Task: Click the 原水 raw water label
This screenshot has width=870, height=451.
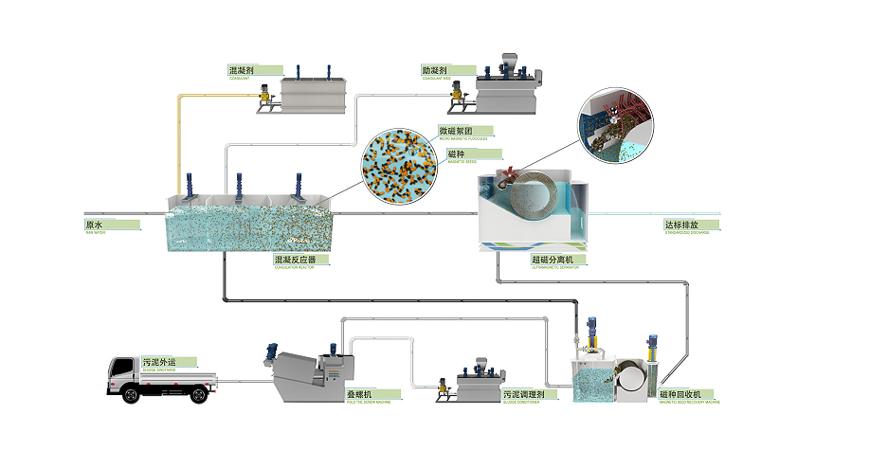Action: (95, 225)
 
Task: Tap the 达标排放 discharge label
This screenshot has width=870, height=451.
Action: (680, 225)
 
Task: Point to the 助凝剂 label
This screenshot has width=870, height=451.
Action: (435, 70)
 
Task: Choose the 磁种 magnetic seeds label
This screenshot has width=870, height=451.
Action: (456, 154)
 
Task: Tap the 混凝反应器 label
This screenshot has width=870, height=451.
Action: (294, 259)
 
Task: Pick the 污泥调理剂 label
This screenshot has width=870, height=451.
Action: (520, 393)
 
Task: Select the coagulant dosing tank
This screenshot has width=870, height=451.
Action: (312, 94)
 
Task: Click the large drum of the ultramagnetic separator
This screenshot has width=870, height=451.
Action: (531, 199)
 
